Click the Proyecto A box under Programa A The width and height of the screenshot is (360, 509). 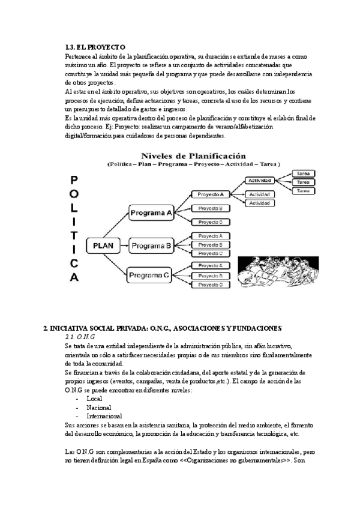[x=211, y=194]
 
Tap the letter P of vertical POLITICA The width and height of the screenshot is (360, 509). [x=74, y=179]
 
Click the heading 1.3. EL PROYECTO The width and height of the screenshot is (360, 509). [x=94, y=47]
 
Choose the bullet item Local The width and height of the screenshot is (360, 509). [x=94, y=399]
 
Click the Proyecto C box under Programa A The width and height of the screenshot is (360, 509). [x=211, y=221]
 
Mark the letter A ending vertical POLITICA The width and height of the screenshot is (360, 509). [x=74, y=278]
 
